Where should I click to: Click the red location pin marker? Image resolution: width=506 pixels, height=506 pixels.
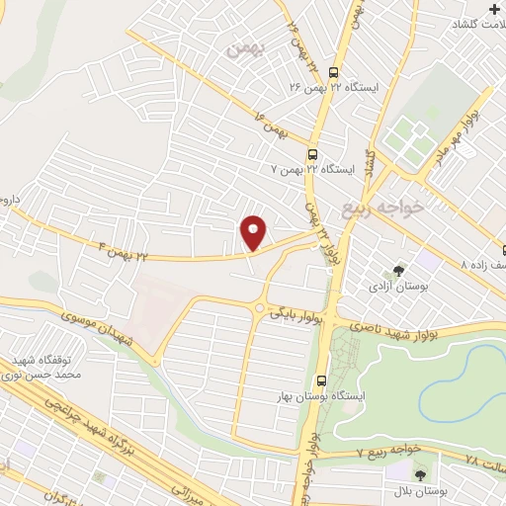[254, 231]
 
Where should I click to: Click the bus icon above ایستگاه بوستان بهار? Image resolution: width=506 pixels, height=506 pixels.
[321, 380]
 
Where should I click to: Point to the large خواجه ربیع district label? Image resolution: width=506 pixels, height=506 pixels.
[381, 208]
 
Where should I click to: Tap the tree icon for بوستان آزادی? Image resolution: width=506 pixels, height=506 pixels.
[399, 269]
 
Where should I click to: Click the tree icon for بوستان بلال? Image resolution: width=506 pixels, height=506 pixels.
[431, 474]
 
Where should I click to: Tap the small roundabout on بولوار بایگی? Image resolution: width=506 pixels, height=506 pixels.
[260, 308]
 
